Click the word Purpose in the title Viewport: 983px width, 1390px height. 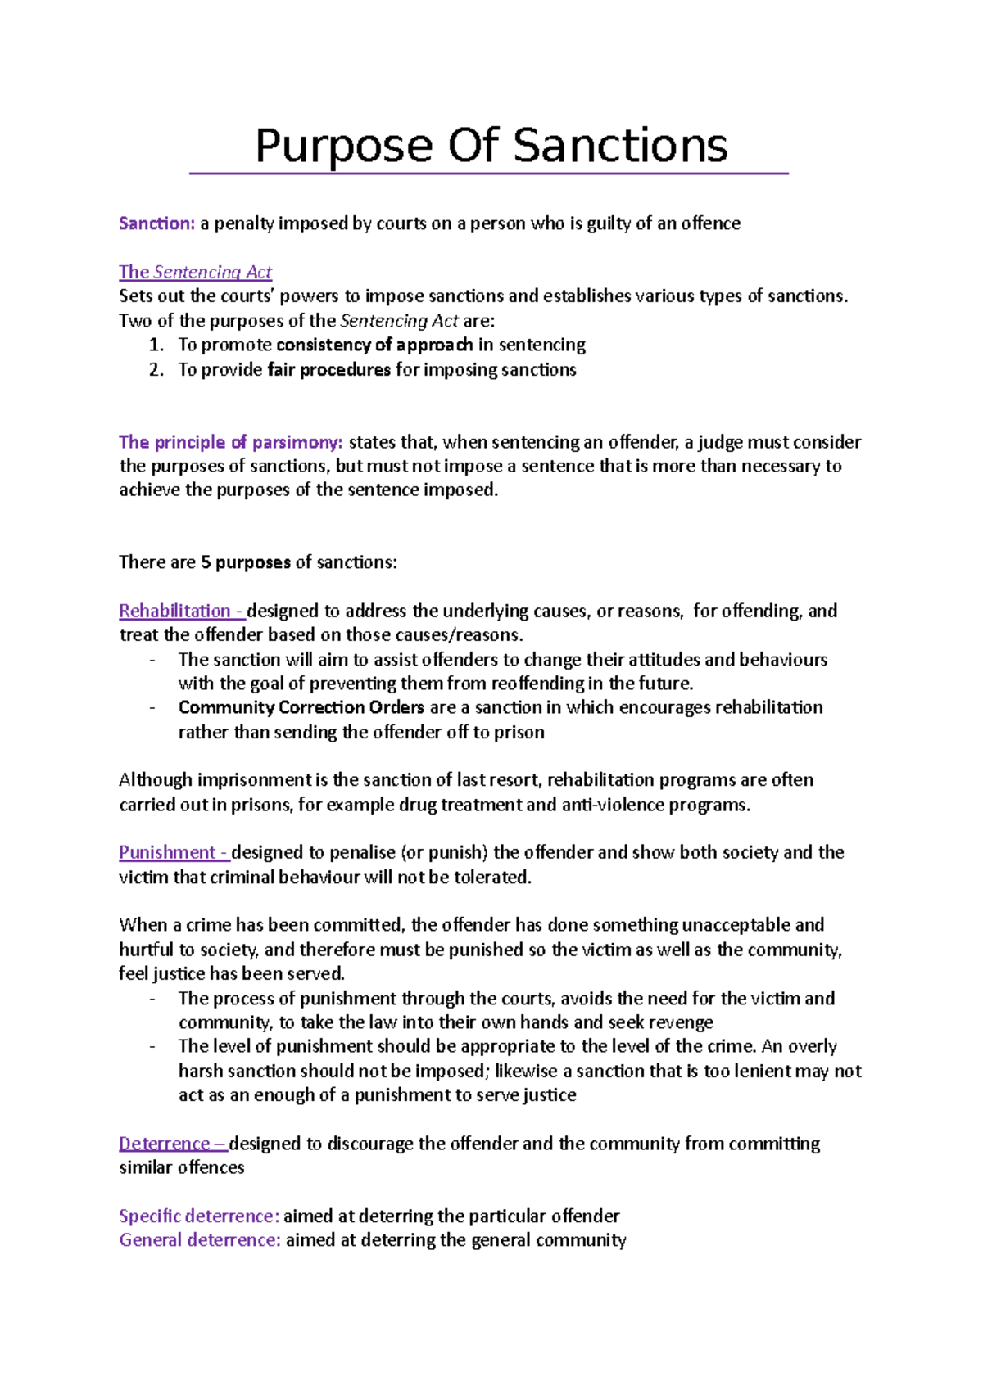(343, 146)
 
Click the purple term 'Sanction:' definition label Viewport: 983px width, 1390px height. (156, 223)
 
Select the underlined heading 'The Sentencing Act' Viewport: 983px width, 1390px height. (195, 272)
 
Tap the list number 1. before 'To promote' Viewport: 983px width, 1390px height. (156, 345)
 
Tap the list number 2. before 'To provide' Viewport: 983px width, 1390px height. (156, 369)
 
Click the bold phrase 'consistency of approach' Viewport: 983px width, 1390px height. (374, 345)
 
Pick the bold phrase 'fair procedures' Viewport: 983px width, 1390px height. (329, 369)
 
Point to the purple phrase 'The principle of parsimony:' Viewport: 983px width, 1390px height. (230, 442)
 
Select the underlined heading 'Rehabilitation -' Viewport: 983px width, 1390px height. (181, 611)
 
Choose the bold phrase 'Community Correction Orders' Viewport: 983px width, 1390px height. (301, 707)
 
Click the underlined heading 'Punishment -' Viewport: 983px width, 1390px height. (174, 852)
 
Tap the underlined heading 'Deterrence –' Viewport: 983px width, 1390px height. (172, 1143)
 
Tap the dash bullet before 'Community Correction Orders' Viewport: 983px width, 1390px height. (153, 707)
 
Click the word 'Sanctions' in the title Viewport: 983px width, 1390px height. (620, 146)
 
